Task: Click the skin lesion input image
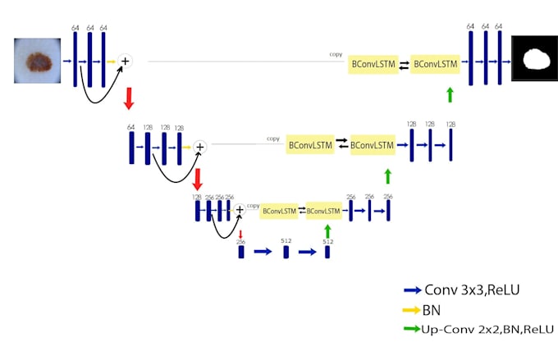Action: click(36, 60)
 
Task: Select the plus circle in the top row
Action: click(126, 60)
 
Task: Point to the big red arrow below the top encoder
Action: click(128, 99)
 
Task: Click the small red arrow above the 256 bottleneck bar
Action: click(240, 234)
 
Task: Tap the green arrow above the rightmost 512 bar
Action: click(327, 231)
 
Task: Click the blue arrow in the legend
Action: click(413, 290)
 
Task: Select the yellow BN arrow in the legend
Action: click(413, 311)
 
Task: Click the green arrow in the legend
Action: click(413, 329)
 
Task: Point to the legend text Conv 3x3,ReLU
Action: click(472, 290)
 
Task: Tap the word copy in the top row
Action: click(336, 54)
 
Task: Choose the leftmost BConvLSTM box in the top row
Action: click(371, 63)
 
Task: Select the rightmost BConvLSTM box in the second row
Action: click(372, 145)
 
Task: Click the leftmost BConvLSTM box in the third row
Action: click(279, 211)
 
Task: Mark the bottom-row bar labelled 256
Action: click(241, 252)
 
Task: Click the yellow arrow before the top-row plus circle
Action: click(111, 61)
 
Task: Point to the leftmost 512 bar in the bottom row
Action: click(286, 252)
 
